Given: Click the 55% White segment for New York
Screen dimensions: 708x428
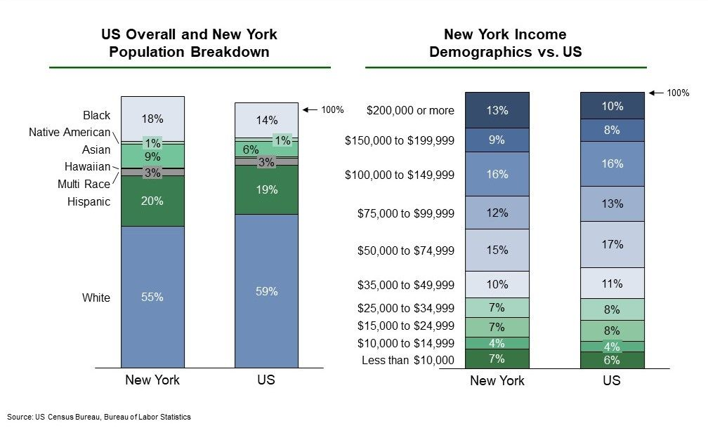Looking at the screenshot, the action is point(152,297).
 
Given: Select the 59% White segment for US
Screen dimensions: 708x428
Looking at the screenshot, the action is point(266,291).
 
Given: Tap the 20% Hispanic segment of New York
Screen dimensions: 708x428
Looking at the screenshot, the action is point(152,201).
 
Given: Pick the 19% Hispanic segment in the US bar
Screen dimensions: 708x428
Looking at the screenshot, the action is point(266,190).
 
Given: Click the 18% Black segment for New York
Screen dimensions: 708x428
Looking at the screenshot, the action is point(152,119).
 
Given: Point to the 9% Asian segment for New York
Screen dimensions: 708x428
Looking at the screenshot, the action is point(152,156).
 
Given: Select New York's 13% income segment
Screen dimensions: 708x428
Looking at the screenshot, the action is point(497,110).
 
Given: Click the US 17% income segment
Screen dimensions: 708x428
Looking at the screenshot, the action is point(612,244).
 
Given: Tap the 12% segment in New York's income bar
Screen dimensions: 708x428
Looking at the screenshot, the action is point(497,213).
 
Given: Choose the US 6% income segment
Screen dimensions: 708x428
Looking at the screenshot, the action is point(612,360).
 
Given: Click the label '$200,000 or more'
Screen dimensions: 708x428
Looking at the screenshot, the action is point(410,110).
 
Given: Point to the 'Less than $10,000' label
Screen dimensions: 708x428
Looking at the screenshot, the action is point(407,361).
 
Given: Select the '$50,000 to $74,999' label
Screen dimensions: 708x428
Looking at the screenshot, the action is point(405,250).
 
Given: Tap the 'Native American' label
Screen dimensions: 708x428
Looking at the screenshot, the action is point(70,132).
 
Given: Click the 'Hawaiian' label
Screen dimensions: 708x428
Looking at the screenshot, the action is point(87,167).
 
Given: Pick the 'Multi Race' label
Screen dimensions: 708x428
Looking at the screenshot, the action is point(84,184).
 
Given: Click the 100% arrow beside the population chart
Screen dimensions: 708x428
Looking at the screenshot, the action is point(310,109).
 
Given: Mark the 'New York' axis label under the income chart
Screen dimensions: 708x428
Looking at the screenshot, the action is point(497,381).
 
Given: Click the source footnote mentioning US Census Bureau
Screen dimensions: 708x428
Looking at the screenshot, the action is point(99,417).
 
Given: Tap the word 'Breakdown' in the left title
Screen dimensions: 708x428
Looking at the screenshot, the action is point(230,52).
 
